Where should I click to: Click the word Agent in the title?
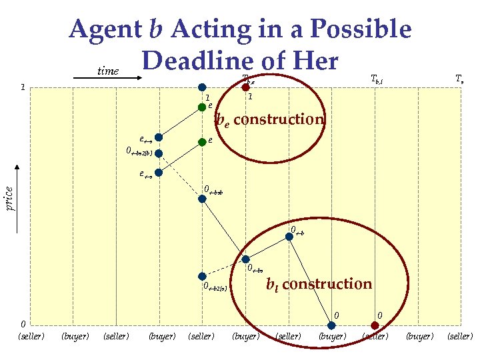click(101, 30)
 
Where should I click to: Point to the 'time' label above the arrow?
click(108, 71)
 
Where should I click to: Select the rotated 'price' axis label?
click(9, 198)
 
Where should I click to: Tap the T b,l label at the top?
click(377, 78)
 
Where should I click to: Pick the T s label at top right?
click(459, 78)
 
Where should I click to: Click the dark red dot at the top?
click(246, 87)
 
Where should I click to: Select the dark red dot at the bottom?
click(375, 325)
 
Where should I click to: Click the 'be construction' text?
click(269, 120)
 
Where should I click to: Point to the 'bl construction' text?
click(319, 285)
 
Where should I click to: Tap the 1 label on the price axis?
click(23, 87)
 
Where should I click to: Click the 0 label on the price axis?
click(23, 324)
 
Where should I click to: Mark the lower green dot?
click(202, 141)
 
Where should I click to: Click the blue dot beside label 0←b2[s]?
click(203, 276)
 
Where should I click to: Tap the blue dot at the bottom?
click(331, 325)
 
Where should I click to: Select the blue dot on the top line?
click(203, 87)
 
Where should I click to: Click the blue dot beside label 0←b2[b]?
click(159, 153)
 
